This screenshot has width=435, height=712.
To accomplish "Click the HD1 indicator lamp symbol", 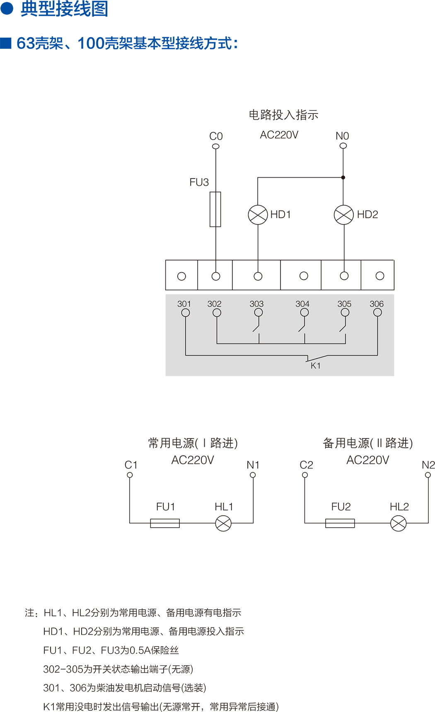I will pyautogui.click(x=258, y=215).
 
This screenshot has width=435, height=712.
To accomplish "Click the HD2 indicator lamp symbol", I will pyautogui.click(x=344, y=215).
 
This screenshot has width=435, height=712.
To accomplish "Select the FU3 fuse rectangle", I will pyautogui.click(x=215, y=209).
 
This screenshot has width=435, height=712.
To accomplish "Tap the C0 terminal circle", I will pyautogui.click(x=215, y=146).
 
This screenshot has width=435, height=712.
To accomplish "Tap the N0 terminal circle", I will pyautogui.click(x=343, y=146).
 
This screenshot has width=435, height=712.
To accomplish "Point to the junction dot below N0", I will pyautogui.click(x=343, y=178).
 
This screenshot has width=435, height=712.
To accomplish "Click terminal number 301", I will pyautogui.click(x=184, y=304).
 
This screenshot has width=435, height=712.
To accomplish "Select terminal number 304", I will pyautogui.click(x=302, y=304).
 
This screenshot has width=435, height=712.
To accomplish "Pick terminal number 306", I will pyautogui.click(x=377, y=304).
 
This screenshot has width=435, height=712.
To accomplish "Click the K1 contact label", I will pyautogui.click(x=316, y=366).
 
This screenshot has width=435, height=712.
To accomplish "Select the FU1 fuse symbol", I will pyautogui.click(x=165, y=523).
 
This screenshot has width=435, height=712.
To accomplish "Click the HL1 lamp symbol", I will pyautogui.click(x=223, y=523).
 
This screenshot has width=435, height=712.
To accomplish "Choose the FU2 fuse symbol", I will pyautogui.click(x=340, y=523).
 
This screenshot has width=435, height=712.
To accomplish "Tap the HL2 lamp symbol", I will pyautogui.click(x=399, y=523).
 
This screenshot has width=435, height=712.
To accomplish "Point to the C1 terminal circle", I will pyautogui.click(x=130, y=475).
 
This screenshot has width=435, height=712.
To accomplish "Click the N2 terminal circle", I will pyautogui.click(x=428, y=475).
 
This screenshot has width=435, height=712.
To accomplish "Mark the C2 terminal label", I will pyautogui.click(x=307, y=465).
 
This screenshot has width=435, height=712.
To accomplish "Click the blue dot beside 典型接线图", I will pyautogui.click(x=7, y=8).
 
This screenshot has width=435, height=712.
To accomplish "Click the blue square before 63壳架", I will pyautogui.click(x=6, y=43).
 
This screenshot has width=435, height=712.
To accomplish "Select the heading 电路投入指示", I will pyautogui.click(x=283, y=115).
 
